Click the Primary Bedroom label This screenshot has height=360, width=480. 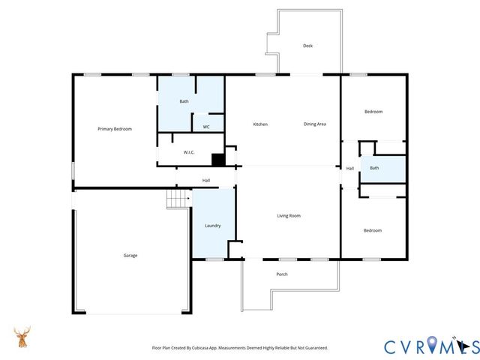[115, 129]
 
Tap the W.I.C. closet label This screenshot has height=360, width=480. [189, 152]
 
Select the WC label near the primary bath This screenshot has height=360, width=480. [205, 127]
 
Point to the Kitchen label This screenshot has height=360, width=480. [260, 124]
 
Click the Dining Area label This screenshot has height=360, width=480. [314, 124]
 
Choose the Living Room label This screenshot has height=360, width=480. [289, 216]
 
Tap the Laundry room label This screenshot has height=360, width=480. [213, 225]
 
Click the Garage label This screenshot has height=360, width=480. [130, 255]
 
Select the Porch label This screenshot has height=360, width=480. [282, 274]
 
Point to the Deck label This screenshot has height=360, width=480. [307, 46]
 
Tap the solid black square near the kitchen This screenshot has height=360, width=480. [217, 159]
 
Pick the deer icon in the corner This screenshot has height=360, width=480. [22, 337]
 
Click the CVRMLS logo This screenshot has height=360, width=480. [430, 346]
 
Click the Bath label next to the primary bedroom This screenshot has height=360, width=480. [184, 101]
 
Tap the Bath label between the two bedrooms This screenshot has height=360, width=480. [374, 168]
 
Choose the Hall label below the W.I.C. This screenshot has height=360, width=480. [205, 180]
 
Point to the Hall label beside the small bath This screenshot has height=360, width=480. [349, 168]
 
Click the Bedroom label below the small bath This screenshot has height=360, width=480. [373, 230]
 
